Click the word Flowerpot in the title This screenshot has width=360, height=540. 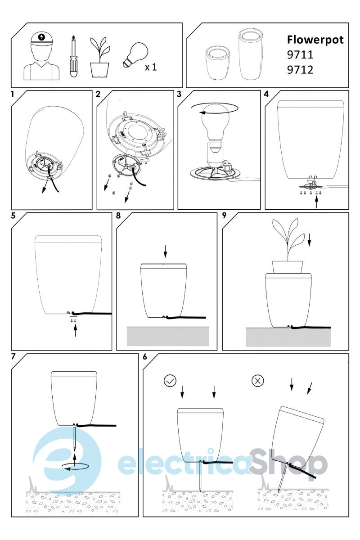click(x=315, y=40)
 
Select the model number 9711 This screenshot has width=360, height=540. click(x=300, y=55)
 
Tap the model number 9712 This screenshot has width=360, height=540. click(x=300, y=70)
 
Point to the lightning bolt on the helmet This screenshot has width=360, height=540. click(x=42, y=37)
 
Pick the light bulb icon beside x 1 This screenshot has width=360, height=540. click(x=135, y=54)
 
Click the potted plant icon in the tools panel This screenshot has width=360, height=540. click(x=99, y=57)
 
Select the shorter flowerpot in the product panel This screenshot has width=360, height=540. click(x=218, y=63)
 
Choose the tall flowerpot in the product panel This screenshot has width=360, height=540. click(x=250, y=54)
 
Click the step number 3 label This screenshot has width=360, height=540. click(x=179, y=94)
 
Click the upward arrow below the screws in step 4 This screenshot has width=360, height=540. click(x=316, y=202)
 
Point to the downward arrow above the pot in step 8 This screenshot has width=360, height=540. click(x=165, y=252)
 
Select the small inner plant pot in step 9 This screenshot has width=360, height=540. click(x=288, y=267)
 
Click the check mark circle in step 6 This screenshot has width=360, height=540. click(x=170, y=381)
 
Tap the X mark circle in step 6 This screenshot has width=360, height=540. click(x=257, y=381)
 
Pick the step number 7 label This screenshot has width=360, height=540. click(x=13, y=356)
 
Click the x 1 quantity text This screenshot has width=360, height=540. click(x=151, y=67)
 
